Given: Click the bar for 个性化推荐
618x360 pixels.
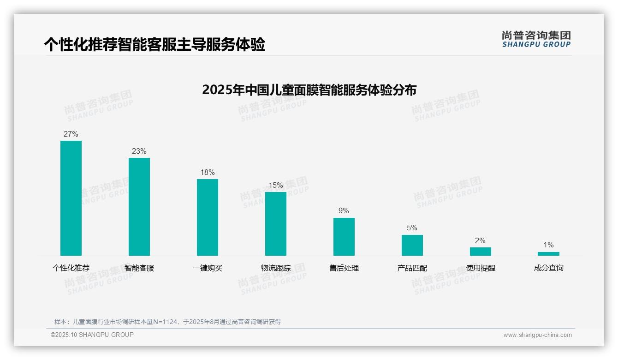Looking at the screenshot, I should [71, 198].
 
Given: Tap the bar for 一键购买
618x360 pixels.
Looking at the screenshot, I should [208, 217].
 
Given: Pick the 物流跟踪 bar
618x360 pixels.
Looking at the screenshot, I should [276, 224].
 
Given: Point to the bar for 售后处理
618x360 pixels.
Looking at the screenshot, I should [344, 237].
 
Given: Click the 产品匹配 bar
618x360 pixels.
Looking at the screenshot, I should [412, 245].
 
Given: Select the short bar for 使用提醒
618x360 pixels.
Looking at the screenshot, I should [481, 252].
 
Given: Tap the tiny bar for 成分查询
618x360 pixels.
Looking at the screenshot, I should [548, 254].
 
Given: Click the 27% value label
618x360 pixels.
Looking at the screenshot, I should [71, 134].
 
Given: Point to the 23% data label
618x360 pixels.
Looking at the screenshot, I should [139, 151].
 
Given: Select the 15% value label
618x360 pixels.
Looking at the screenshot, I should [276, 186].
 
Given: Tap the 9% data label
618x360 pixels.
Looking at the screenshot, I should [344, 211].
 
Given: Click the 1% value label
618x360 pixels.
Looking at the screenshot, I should [548, 245].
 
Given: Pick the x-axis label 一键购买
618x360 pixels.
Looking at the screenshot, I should [208, 268].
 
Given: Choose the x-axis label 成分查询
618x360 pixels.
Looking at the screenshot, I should [548, 268].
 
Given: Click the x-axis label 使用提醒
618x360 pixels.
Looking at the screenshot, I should [481, 268].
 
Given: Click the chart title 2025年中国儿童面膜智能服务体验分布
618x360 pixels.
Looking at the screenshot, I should [309, 90].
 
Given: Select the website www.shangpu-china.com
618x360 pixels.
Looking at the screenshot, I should [537, 335].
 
